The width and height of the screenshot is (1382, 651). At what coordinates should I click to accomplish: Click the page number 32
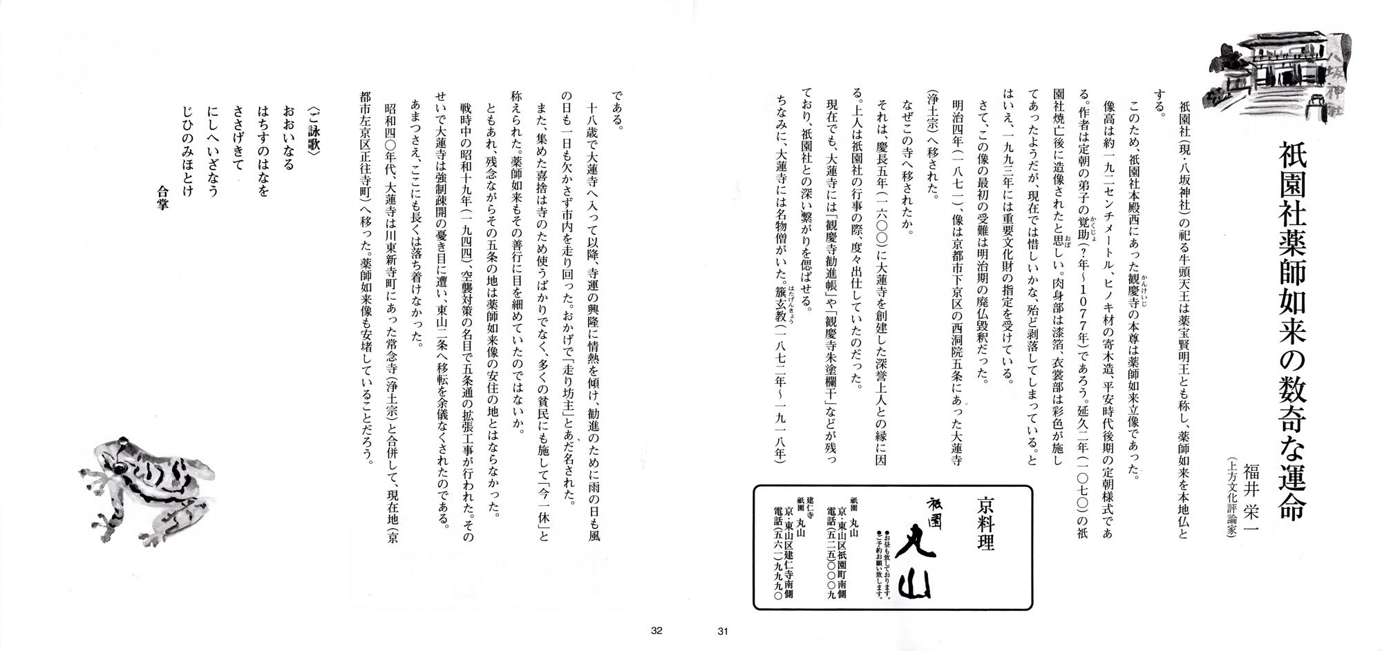[656, 630]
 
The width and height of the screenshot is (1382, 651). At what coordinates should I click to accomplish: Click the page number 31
[723, 630]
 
